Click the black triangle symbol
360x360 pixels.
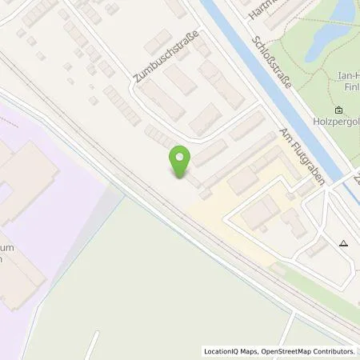pos(344,243)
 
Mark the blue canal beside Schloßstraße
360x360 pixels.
pos(264,88)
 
